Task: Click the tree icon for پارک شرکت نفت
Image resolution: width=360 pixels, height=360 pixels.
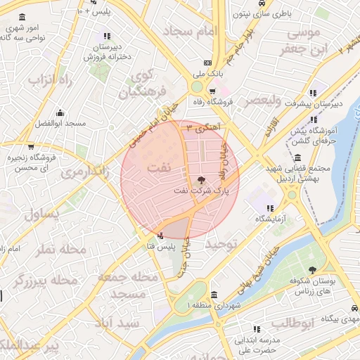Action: pyautogui.click(x=202, y=180)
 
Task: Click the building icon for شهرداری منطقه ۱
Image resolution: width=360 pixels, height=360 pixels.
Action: pyautogui.click(x=214, y=295)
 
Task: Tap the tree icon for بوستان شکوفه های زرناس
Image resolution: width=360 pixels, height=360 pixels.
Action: pyautogui.click(x=312, y=271)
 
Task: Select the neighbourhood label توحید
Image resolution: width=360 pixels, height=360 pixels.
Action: pyautogui.click(x=224, y=243)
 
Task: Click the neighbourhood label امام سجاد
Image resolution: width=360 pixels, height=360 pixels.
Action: pyautogui.click(x=191, y=31)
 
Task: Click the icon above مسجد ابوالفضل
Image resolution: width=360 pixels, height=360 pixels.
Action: pyautogui.click(x=59, y=112)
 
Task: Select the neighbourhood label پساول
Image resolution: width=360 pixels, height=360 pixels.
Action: pyautogui.click(x=43, y=215)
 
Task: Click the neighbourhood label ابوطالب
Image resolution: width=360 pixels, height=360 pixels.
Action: pyautogui.click(x=290, y=323)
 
